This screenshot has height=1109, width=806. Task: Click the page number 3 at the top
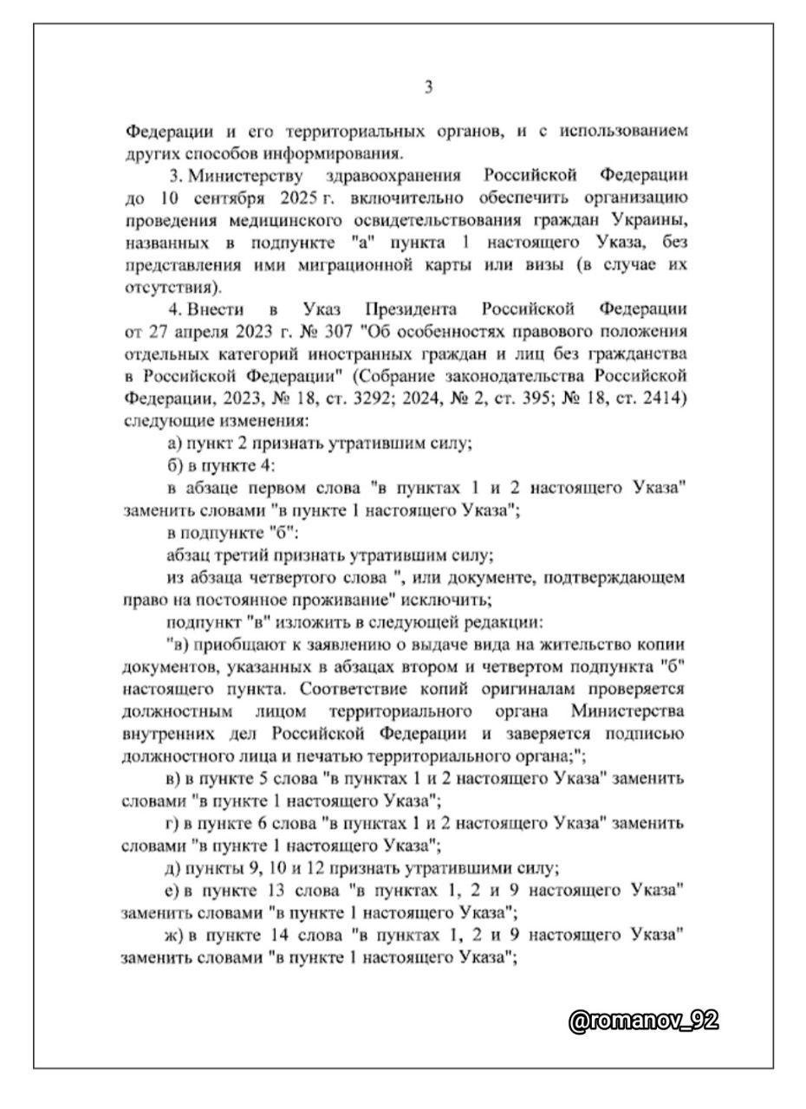(428, 87)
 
